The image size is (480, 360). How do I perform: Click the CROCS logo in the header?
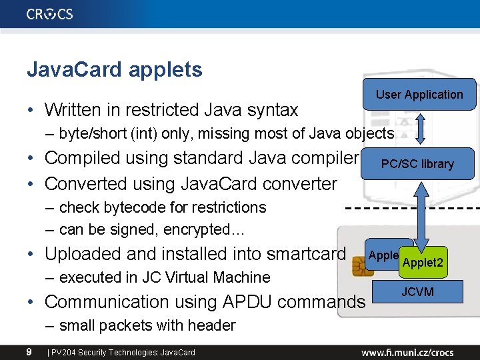point(50,13)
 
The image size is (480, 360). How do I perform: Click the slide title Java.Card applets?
point(114,69)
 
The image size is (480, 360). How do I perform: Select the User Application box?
point(419,95)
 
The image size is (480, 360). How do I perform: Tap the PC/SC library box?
point(417,164)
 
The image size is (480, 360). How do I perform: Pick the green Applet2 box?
point(422,263)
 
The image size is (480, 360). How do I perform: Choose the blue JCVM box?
point(417,291)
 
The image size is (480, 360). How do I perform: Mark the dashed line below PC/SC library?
point(413,206)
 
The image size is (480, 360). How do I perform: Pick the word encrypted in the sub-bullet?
point(213,230)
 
